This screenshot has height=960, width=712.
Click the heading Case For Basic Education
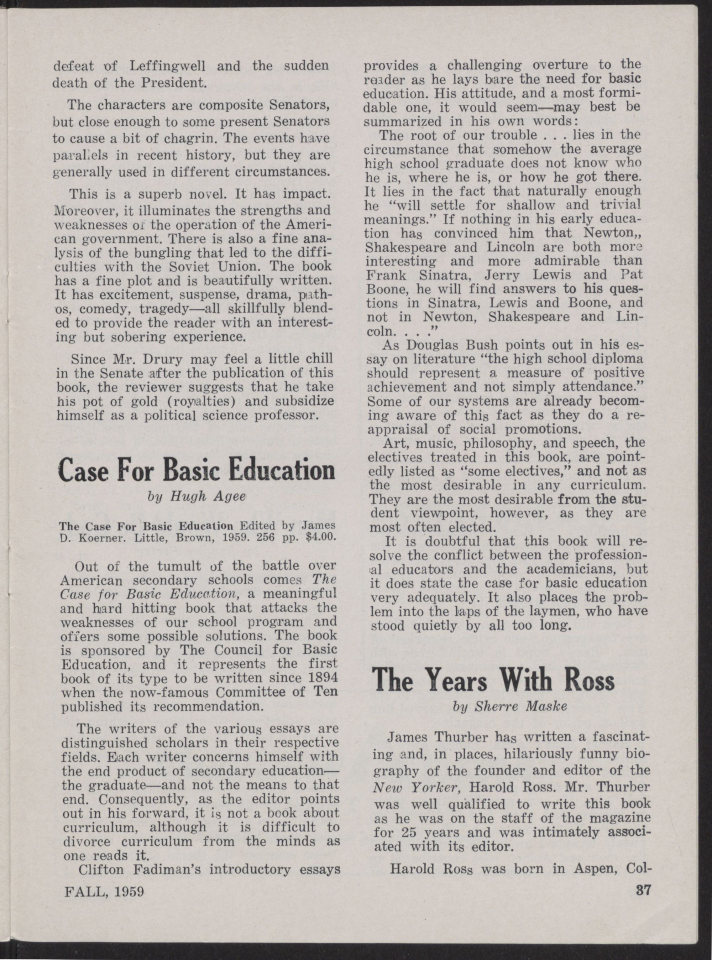[197, 470]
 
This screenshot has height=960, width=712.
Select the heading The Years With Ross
[493, 680]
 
